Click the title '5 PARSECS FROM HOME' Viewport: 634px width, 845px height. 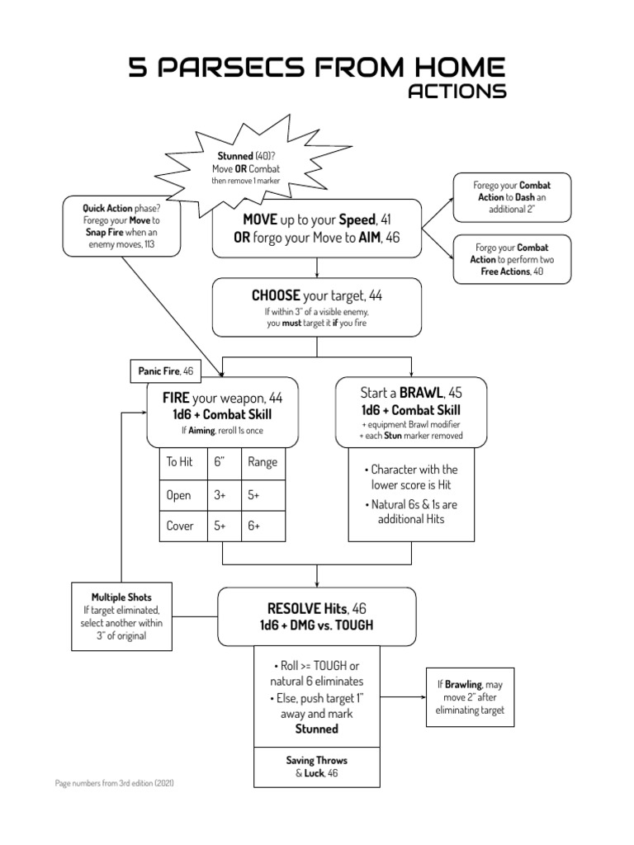(x=317, y=68)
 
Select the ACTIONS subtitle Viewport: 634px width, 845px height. (x=457, y=92)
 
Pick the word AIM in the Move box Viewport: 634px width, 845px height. (x=369, y=238)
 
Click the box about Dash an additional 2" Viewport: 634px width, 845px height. (x=511, y=198)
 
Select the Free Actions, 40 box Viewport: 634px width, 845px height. (x=511, y=259)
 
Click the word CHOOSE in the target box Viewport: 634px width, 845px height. (x=276, y=295)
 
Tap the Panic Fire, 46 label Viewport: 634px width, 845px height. (x=166, y=371)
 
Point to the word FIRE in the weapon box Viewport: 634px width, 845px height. (x=177, y=398)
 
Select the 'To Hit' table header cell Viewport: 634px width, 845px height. (x=180, y=462)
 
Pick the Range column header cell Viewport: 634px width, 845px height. (x=263, y=462)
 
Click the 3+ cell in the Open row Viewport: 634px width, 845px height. (x=220, y=495)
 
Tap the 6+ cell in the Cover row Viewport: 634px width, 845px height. (x=263, y=526)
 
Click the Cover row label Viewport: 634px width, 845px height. (x=180, y=526)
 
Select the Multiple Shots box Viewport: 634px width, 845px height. (x=122, y=616)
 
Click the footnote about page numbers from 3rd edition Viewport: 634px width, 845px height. (x=115, y=781)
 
